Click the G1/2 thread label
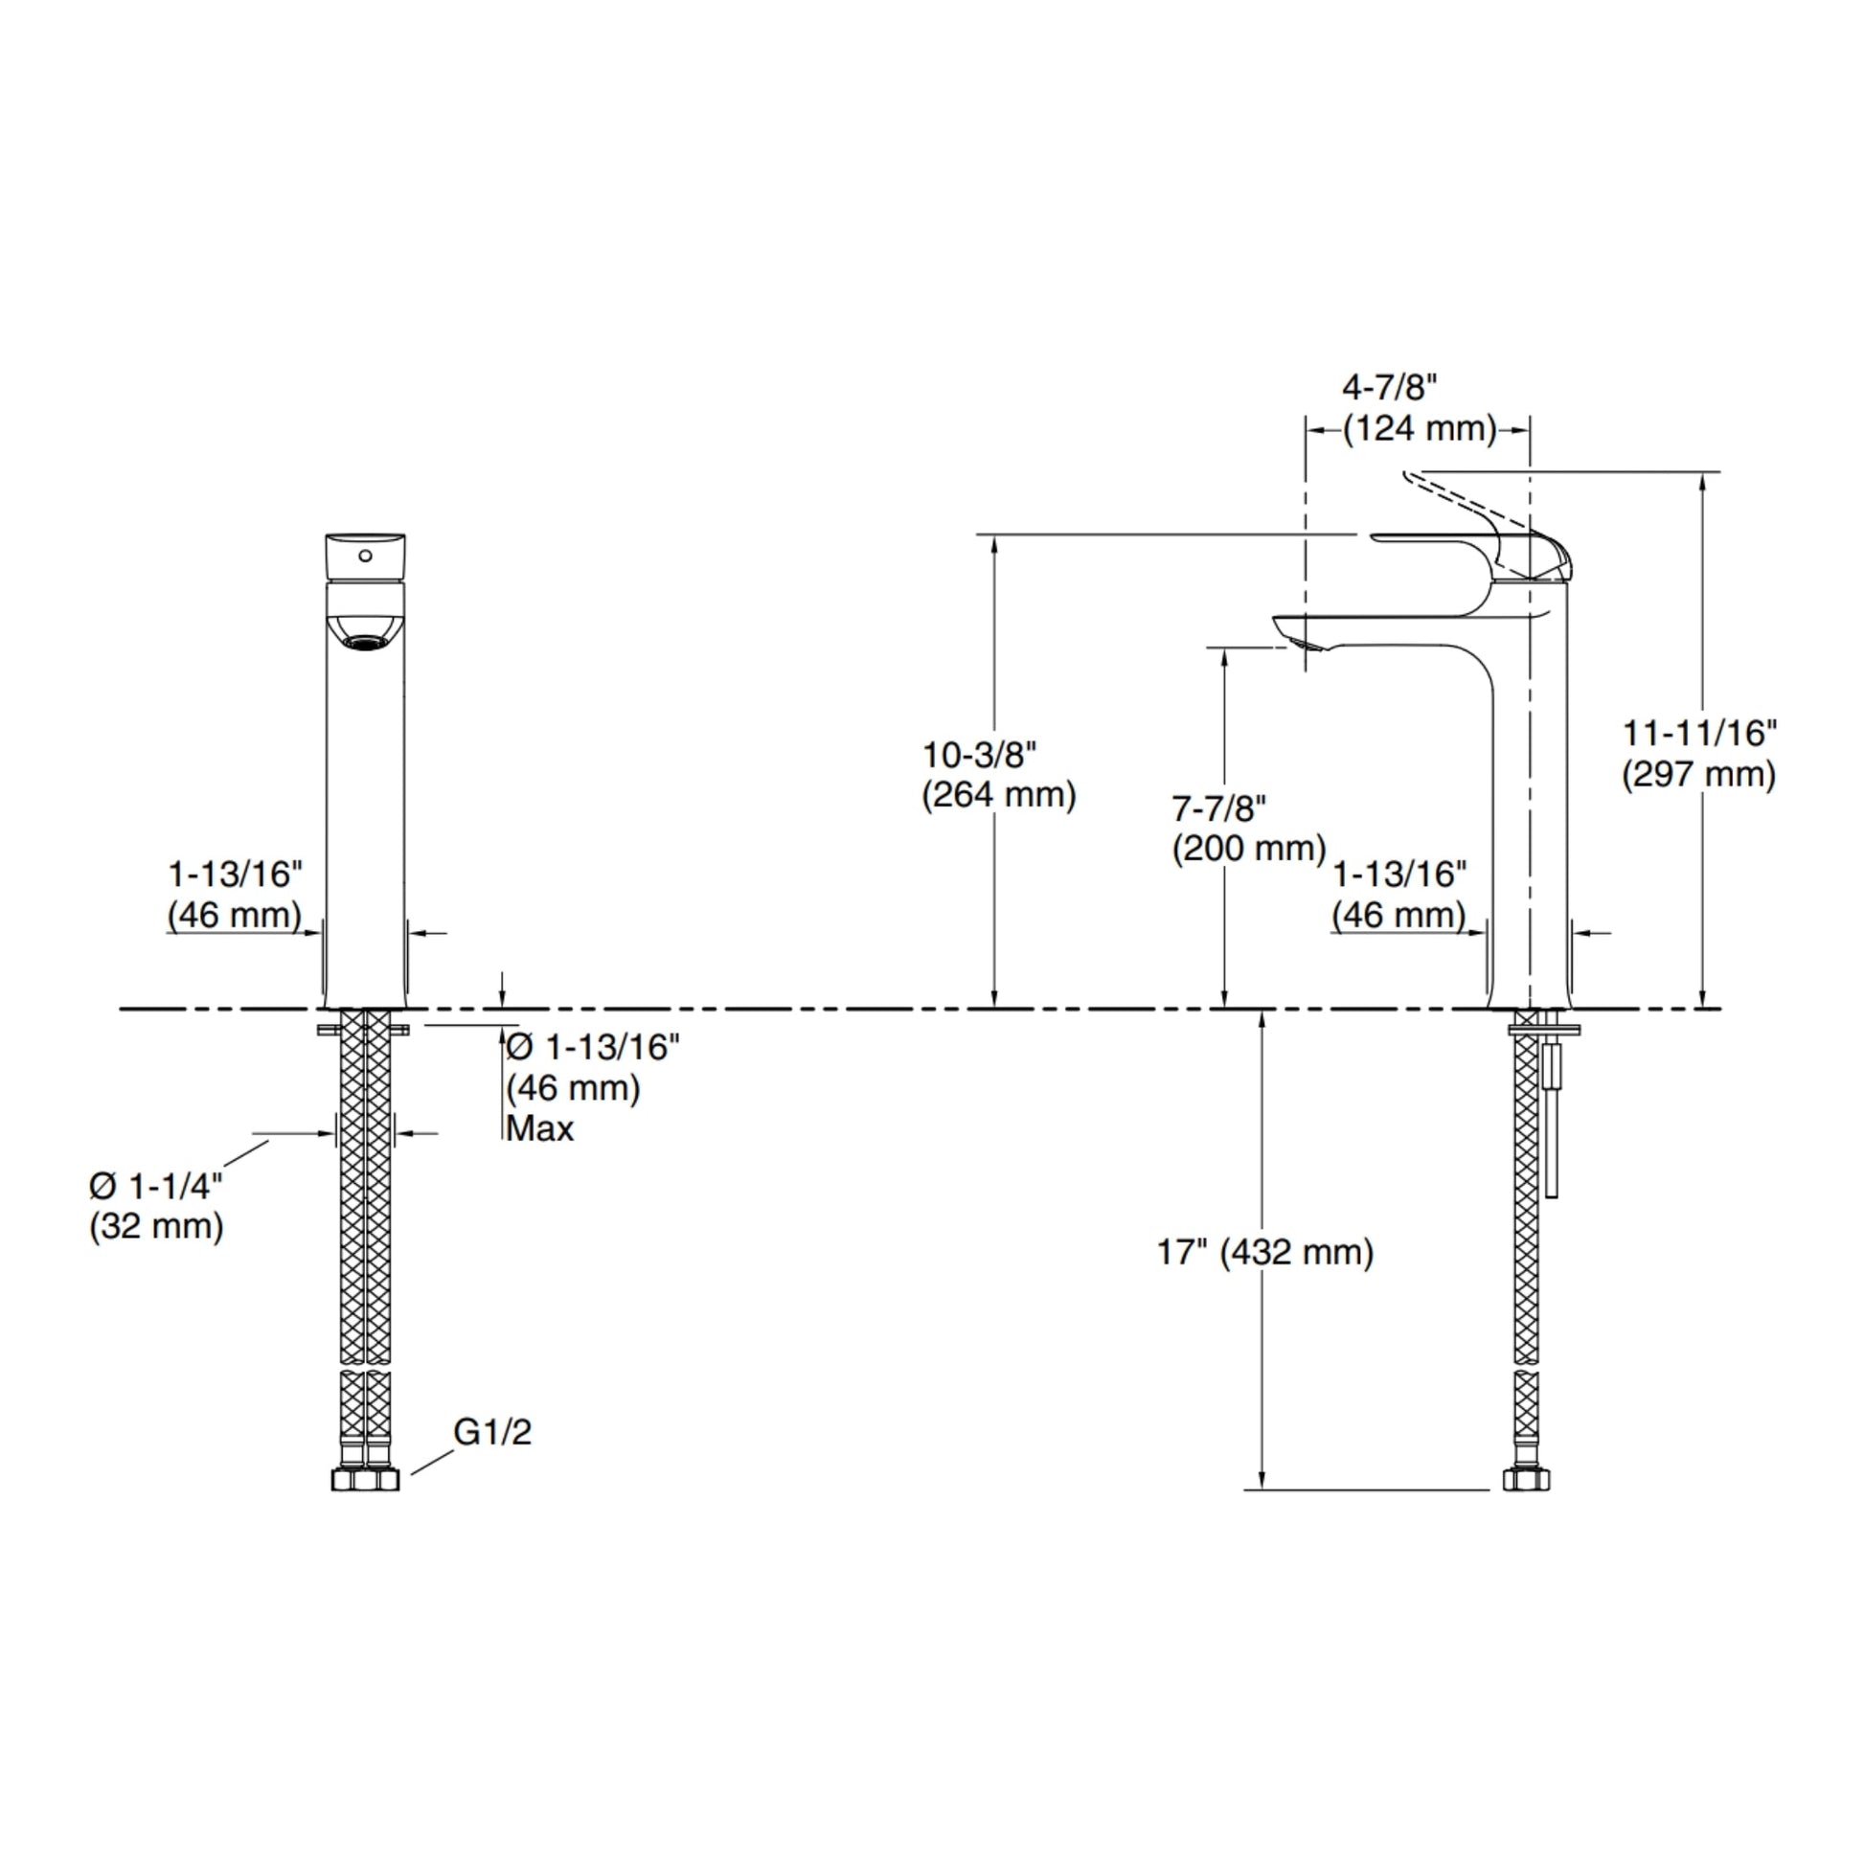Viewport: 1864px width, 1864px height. pos(493,1433)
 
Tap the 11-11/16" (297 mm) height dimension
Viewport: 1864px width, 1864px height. pos(1699,754)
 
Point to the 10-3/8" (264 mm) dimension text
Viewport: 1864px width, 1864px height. pos(998,775)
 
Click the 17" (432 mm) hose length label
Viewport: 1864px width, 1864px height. pos(1264,1252)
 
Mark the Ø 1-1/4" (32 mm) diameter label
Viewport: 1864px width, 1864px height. pos(156,1206)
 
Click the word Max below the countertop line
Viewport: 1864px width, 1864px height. pos(540,1127)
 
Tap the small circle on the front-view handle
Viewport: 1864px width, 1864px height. pos(365,556)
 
